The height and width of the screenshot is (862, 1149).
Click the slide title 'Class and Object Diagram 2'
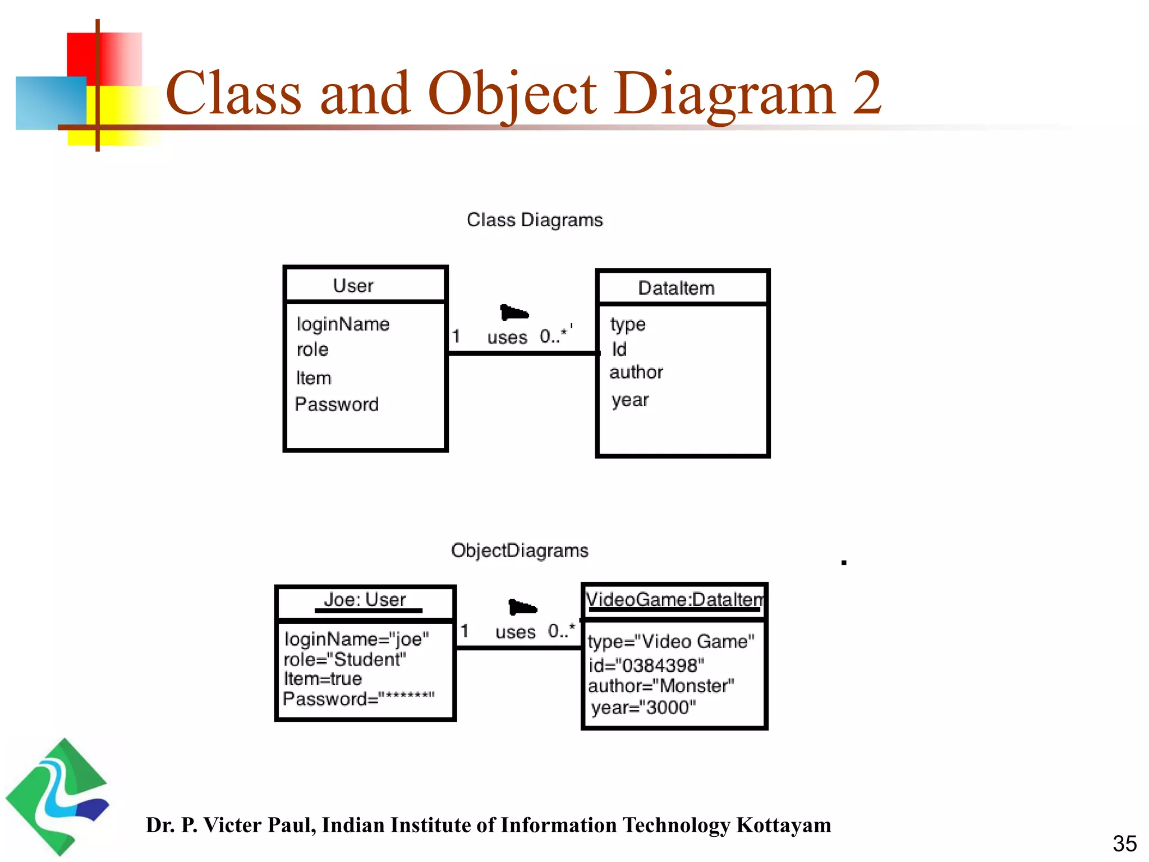[523, 93]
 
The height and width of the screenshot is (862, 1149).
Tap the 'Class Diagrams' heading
[535, 220]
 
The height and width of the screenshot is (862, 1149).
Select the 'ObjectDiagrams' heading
[520, 551]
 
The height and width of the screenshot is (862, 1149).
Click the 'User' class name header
[353, 286]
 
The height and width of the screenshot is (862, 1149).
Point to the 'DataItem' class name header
[676, 288]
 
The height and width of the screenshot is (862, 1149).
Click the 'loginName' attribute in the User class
[343, 324]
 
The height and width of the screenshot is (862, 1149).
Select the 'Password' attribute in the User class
[337, 404]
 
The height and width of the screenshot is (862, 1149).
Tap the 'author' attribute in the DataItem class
[636, 372]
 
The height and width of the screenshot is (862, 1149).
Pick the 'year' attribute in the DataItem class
[630, 400]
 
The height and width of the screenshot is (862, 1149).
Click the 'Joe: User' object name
[365, 600]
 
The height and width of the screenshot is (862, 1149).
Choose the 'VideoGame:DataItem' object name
[674, 600]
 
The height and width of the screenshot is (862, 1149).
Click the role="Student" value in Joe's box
[345, 659]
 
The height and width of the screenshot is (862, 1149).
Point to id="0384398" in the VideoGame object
[646, 666]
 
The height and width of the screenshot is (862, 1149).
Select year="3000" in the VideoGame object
[644, 708]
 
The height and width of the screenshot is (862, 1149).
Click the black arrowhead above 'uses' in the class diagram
[514, 312]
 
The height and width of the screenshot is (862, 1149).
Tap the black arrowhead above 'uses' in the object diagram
[522, 607]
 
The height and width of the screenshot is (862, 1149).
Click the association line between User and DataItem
[522, 353]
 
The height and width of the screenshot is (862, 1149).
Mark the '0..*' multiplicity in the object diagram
[562, 631]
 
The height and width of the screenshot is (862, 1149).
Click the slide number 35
[1124, 843]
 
